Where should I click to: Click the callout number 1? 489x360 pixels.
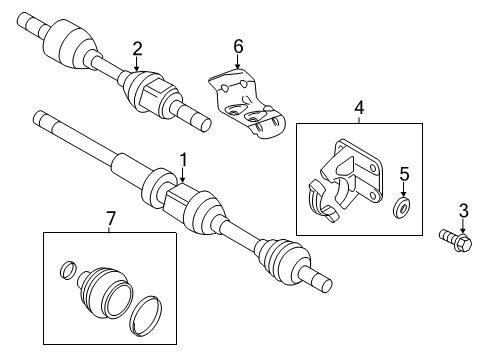point(183,158)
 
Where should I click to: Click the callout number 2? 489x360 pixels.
point(138,47)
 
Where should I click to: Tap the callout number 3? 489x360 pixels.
point(462,210)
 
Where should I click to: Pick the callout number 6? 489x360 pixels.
point(238,47)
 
